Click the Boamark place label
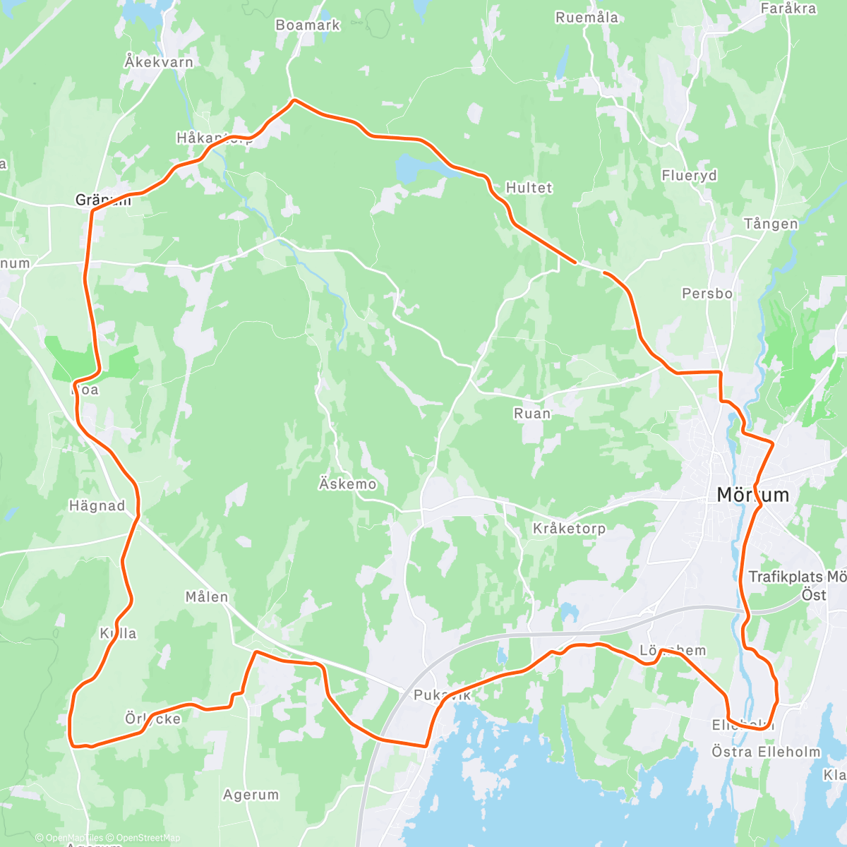pos(308,25)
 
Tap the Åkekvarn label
pos(159,62)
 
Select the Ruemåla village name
pos(587,18)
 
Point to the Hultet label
pos(529,188)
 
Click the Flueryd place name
pos(689,176)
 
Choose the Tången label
pos(771,224)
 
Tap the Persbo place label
pos(707,294)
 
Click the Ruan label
pos(532,414)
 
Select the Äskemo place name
pos(347,484)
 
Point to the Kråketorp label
pos(569,529)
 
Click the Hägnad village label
pos(97,506)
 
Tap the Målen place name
pos(207,597)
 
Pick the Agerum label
pos(251,795)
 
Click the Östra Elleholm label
pos(766,752)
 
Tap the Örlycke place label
pos(152,719)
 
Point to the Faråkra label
pos(788,8)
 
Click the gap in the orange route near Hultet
pos(590,267)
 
